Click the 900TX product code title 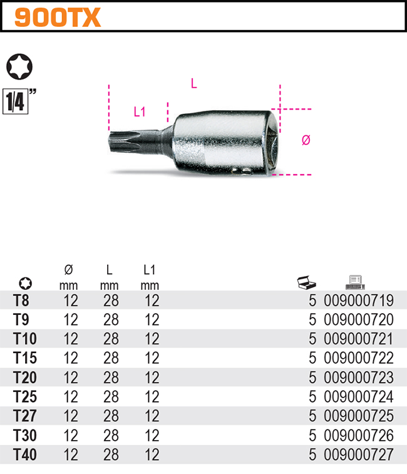point(57,18)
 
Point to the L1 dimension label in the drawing point(140,112)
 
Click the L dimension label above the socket point(194,83)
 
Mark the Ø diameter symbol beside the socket point(306,140)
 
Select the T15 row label point(25,359)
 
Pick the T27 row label point(25,416)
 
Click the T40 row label point(25,455)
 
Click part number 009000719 point(359,301)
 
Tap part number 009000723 point(359,378)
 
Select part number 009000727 point(359,455)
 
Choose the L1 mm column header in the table point(150,277)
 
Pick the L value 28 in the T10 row point(111,339)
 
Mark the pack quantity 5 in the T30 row point(312,436)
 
